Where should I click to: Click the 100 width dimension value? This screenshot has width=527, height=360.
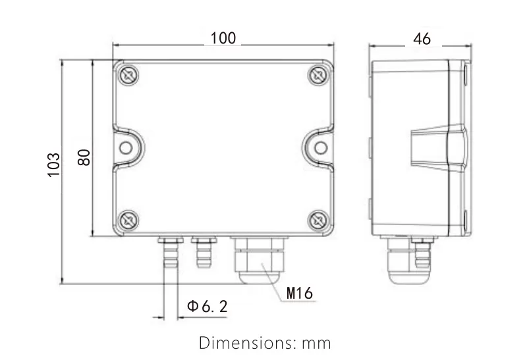(223, 39)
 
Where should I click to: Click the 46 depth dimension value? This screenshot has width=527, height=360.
(422, 39)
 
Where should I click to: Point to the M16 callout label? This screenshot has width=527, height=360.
(300, 293)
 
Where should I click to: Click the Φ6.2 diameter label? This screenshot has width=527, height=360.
(207, 307)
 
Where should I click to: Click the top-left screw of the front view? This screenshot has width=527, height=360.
(128, 75)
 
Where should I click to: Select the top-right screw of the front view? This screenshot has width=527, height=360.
(318, 75)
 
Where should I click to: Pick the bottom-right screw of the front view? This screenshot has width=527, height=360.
(318, 220)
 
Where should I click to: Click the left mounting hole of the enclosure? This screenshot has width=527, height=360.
(126, 147)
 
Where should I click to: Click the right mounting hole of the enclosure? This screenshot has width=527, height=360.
(319, 147)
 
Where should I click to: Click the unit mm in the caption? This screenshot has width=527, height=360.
(316, 344)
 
